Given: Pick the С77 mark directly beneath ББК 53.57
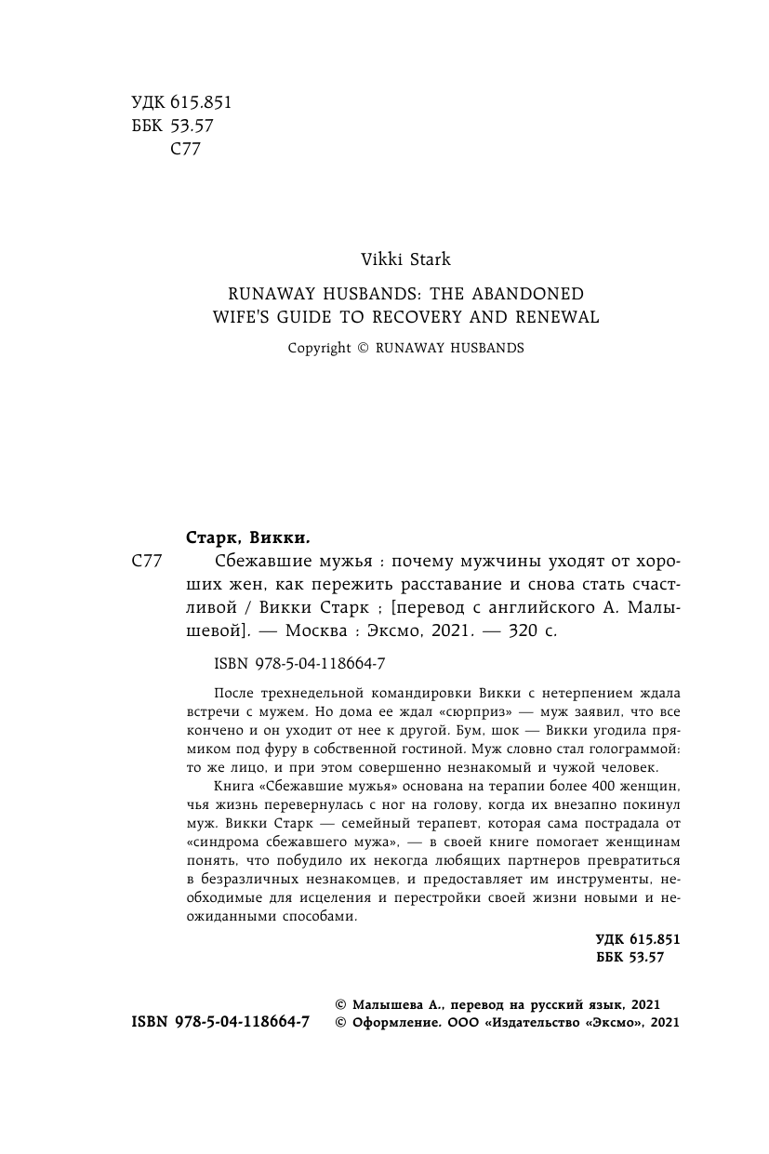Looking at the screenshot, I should [x=187, y=149].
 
